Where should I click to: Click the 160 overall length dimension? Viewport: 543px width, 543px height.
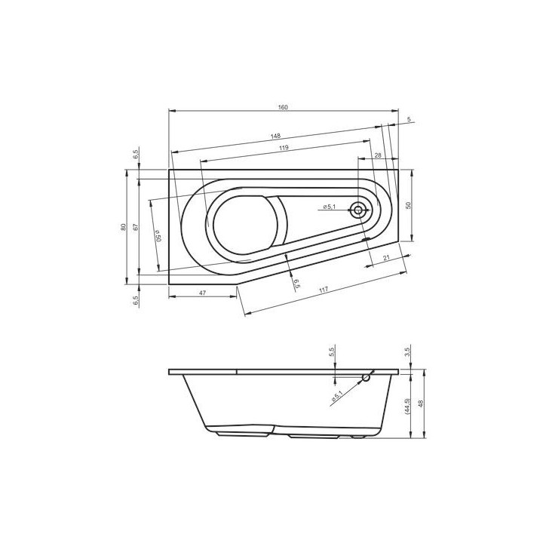(x=283, y=107)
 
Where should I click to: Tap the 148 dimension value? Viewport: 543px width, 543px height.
(x=276, y=136)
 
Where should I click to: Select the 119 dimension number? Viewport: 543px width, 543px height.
(x=284, y=148)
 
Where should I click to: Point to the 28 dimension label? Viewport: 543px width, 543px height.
(x=378, y=155)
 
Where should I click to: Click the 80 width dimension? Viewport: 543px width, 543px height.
(x=123, y=227)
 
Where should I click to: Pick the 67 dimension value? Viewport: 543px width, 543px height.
(x=136, y=227)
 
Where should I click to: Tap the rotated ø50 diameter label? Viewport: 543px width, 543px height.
(x=158, y=236)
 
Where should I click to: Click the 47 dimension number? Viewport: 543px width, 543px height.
(x=203, y=293)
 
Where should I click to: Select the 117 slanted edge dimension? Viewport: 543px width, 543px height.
(x=323, y=290)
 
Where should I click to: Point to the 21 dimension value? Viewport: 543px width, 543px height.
(x=387, y=258)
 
